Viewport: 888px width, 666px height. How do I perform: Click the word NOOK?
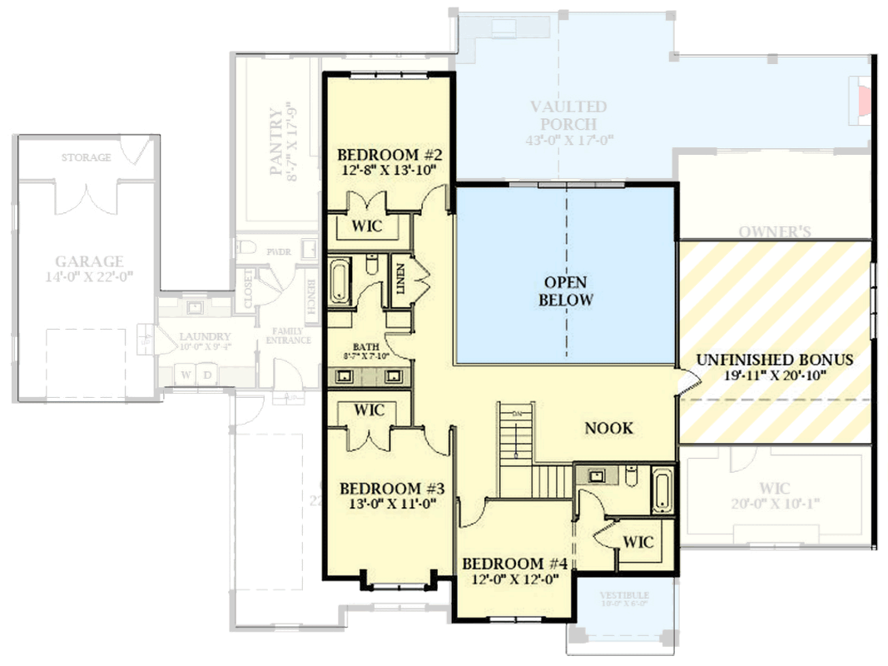coord(608,428)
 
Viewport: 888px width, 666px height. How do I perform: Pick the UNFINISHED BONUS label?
coord(774,360)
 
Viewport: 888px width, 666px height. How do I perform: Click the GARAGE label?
coord(89,261)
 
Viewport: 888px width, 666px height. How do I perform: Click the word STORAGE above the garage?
coord(86,157)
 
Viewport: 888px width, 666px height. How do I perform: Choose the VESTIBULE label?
coord(624,595)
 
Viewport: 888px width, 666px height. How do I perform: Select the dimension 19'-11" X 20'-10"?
coord(774,375)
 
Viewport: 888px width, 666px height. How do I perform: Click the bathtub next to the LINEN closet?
coord(341,281)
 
